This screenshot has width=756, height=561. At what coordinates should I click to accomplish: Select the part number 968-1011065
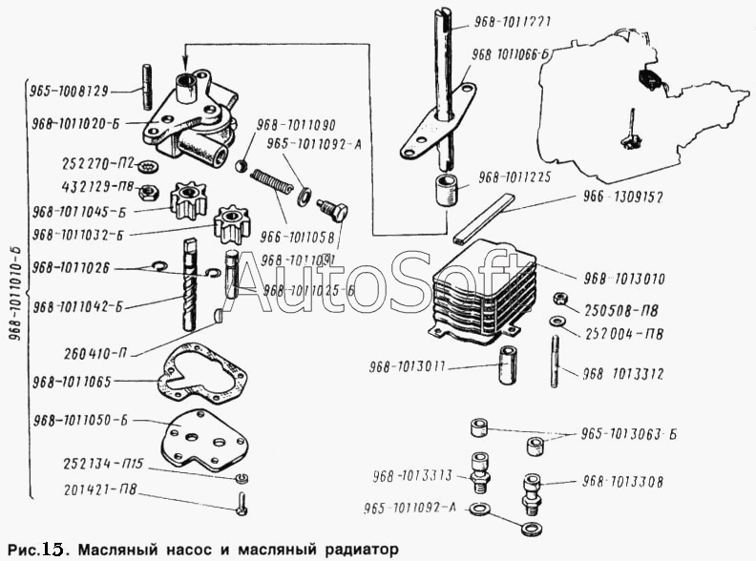click(73, 382)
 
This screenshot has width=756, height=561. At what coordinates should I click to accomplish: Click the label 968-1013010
click(624, 279)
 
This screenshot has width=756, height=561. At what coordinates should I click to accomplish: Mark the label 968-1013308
click(623, 482)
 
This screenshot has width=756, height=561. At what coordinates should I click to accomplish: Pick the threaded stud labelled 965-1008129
click(149, 90)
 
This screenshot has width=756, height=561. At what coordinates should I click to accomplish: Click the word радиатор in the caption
click(343, 550)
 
